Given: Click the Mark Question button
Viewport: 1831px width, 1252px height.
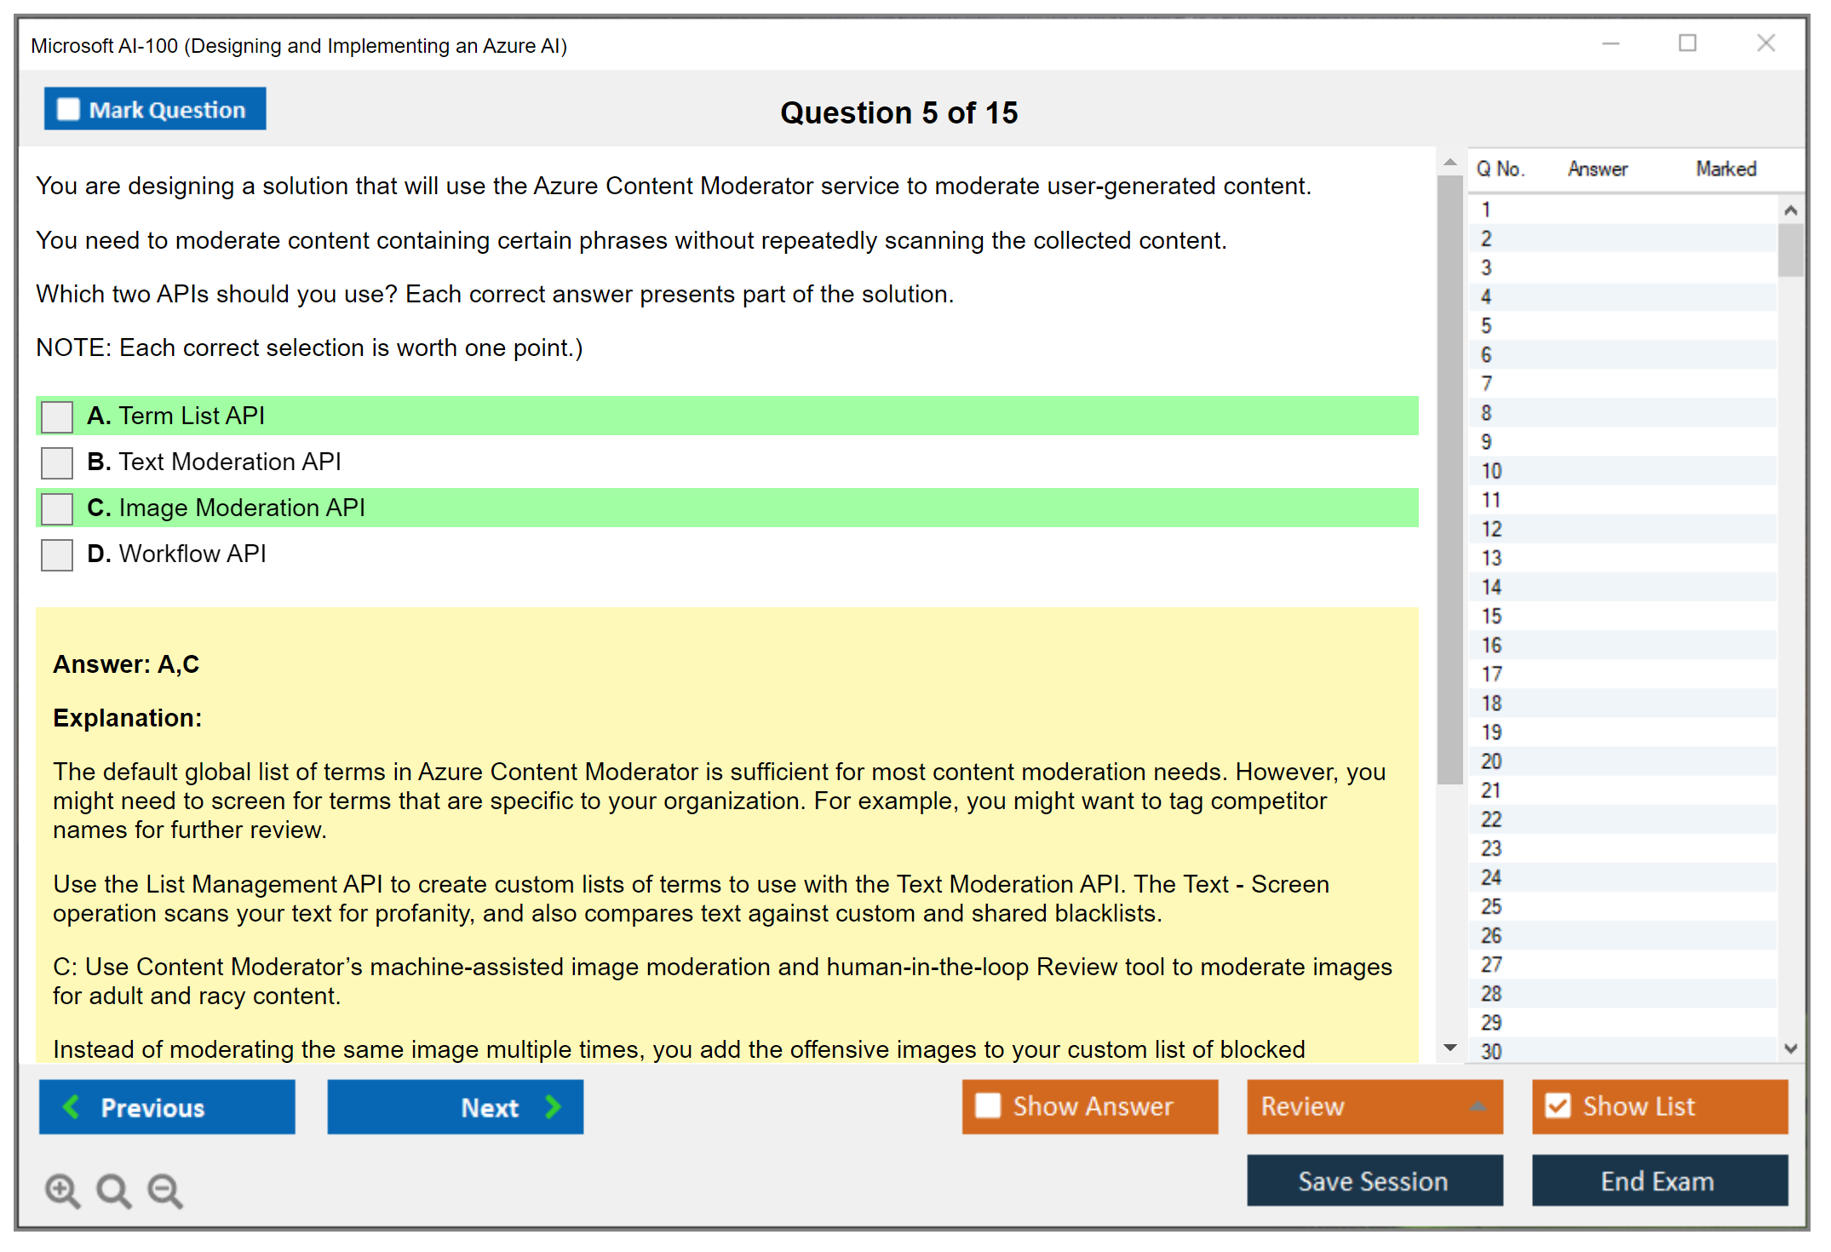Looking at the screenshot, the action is coord(155,109).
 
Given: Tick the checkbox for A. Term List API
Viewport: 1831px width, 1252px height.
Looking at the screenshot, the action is coord(57,416).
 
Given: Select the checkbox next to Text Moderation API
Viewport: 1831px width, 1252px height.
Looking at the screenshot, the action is coord(57,462).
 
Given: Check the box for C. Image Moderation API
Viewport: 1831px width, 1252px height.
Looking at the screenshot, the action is coord(57,508).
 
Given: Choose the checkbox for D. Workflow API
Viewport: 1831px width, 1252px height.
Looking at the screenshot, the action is coord(57,554).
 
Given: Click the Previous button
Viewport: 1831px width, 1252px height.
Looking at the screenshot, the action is coord(167,1107).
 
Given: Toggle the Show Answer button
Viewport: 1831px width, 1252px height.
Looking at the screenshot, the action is coord(1090,1106).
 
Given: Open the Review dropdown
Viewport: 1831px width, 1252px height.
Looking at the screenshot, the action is coord(1375,1106).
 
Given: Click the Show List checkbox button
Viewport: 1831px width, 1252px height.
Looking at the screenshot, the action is coord(1660,1106).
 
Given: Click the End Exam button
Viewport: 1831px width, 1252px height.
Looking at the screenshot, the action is coord(1660,1180).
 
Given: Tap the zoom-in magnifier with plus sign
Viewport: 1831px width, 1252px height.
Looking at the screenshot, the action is coord(63,1191).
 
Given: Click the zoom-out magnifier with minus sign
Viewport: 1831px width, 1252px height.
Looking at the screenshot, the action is coord(165,1191).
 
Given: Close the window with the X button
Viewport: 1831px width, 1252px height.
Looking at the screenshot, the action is coord(1766,43).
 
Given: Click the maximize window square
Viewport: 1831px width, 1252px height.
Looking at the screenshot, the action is coord(1688,43).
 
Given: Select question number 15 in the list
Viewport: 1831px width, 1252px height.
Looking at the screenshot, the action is coord(1491,616).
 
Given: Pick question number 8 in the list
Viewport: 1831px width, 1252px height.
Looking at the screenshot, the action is coord(1486,413).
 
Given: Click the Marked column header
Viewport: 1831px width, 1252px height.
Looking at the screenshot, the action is coord(1726,169).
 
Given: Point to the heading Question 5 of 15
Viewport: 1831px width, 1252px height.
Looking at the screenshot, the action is coord(899,112).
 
